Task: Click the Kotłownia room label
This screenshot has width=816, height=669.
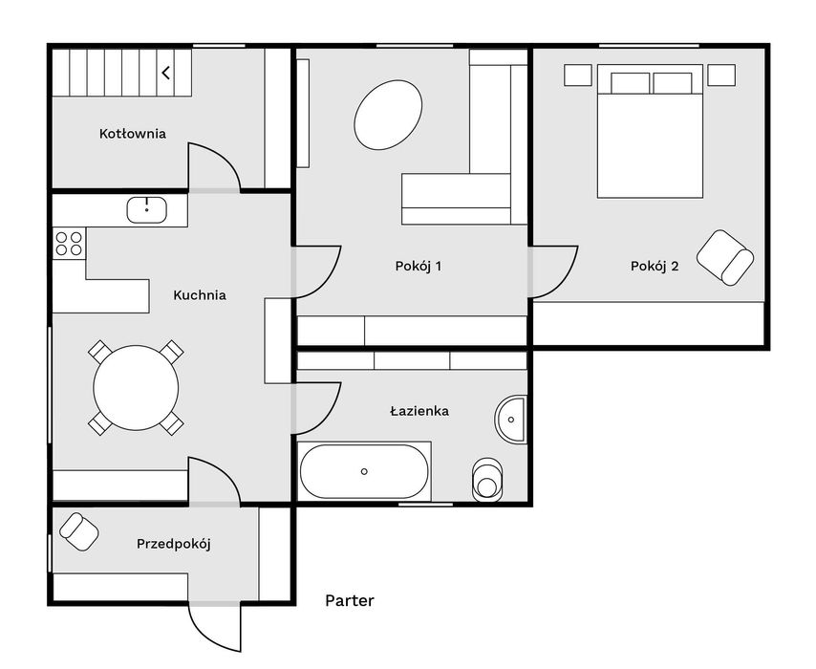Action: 133,134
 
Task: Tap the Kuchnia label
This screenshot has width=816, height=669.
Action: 200,295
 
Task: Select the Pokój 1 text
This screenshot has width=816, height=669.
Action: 419,267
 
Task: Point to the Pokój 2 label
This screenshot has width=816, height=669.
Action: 655,267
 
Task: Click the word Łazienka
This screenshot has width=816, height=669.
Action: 419,411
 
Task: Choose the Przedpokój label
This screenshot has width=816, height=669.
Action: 174,545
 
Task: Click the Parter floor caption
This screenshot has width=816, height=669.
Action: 350,601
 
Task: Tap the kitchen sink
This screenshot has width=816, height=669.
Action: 147,210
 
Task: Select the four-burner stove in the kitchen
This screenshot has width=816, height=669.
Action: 69,244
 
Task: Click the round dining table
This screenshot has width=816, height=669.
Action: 137,388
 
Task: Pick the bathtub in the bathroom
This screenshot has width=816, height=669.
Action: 364,472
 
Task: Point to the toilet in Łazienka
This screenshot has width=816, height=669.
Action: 487,480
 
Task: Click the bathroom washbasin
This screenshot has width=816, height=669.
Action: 510,420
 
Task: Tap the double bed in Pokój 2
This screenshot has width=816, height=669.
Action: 650,131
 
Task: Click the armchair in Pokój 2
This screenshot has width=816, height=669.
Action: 725,258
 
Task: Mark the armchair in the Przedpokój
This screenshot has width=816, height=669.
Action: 79,531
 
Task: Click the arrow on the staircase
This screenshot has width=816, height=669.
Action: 166,73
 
